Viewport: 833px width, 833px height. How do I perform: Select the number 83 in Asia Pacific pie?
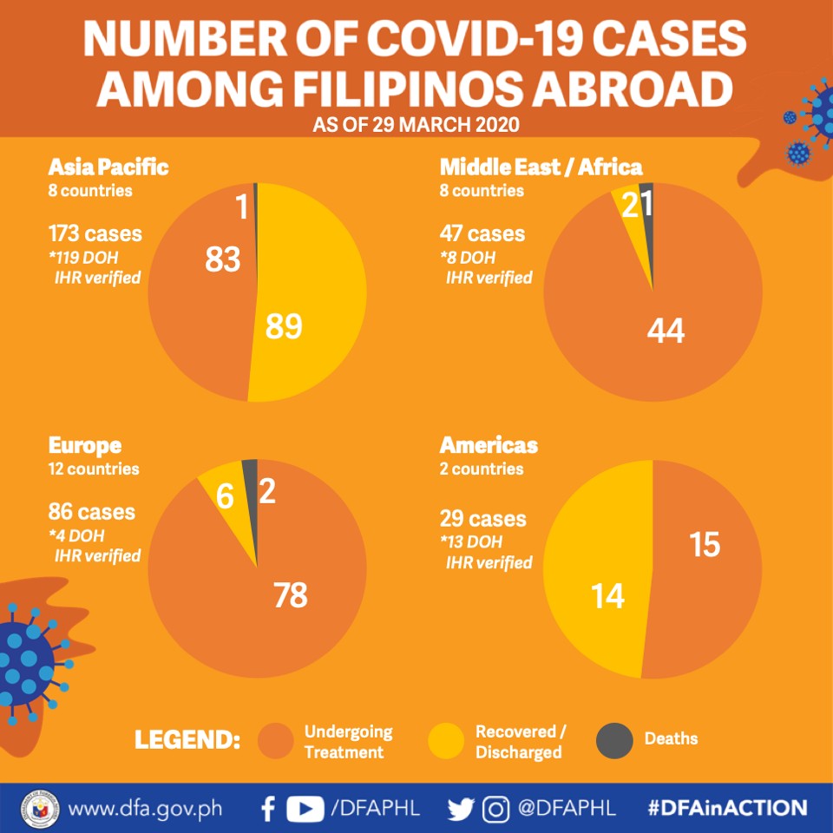point(223,259)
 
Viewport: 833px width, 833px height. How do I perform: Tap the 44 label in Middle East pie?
point(666,331)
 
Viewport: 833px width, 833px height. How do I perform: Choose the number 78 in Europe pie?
point(291,594)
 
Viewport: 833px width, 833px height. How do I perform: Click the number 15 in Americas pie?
point(705,545)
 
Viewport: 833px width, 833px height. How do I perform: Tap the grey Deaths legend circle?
point(614,740)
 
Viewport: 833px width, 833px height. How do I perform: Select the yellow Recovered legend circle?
point(446,740)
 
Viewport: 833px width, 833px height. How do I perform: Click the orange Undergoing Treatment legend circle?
point(276,740)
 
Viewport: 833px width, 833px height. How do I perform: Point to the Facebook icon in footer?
point(269,809)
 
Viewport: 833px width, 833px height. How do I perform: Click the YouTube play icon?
point(305,809)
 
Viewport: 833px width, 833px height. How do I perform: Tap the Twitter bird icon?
point(460,809)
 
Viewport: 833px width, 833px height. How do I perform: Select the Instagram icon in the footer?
point(495,809)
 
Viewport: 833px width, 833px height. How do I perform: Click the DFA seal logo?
point(40,809)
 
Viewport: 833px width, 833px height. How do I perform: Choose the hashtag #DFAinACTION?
point(727,808)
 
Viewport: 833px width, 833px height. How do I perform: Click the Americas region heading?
point(489,445)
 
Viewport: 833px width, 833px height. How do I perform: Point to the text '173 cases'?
point(95,233)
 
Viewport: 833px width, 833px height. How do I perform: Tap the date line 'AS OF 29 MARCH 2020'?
point(416,125)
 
